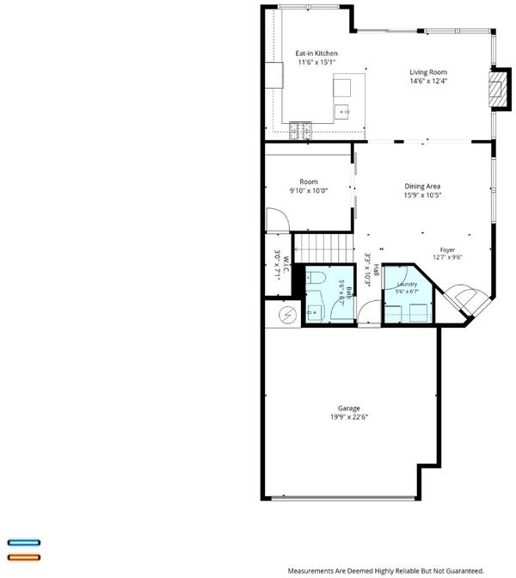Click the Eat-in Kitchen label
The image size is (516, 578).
[x=316, y=53]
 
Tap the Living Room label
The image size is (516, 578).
[x=428, y=72]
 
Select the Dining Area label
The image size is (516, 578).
[x=422, y=187]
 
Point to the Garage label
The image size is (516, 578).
[x=349, y=409]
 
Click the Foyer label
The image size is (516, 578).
[x=447, y=250]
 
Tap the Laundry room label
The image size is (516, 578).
[x=408, y=284]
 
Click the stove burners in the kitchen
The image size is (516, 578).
[x=300, y=131]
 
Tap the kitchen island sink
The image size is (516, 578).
[x=341, y=112]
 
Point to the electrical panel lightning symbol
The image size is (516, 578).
[x=288, y=315]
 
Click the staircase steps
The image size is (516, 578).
[x=323, y=249]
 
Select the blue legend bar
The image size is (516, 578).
[x=24, y=543]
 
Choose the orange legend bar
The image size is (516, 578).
[x=24, y=557]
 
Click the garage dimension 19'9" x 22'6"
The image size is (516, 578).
[x=349, y=417]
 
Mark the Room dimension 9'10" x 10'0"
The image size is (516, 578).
[x=309, y=191]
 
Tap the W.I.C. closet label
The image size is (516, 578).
[x=286, y=266]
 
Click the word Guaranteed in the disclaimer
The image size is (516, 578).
[x=465, y=570]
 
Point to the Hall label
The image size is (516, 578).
[x=376, y=270]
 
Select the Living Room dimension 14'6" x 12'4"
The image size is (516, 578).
[x=428, y=81]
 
